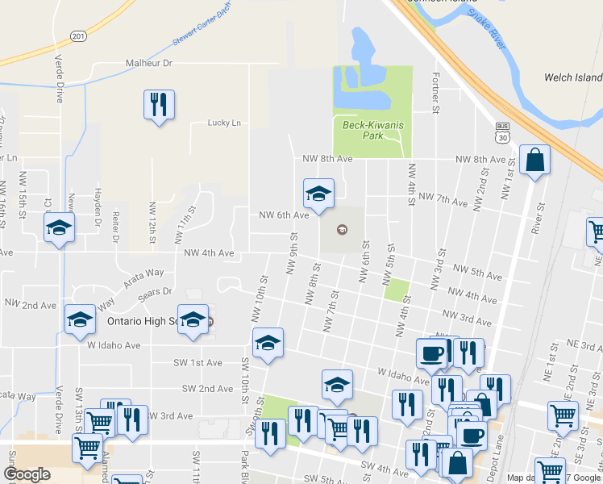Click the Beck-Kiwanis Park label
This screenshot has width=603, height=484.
(372, 131)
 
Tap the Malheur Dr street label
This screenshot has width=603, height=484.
(149, 63)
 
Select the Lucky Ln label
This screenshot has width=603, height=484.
(224, 123)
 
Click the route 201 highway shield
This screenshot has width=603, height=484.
(77, 36)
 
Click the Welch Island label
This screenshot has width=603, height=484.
(573, 77)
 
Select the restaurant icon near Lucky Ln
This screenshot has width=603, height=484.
(159, 105)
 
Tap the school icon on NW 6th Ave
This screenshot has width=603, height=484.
(318, 194)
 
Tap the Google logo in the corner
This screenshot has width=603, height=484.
(27, 474)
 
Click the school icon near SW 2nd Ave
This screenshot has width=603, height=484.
(338, 385)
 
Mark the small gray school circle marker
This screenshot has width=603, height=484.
(341, 230)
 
